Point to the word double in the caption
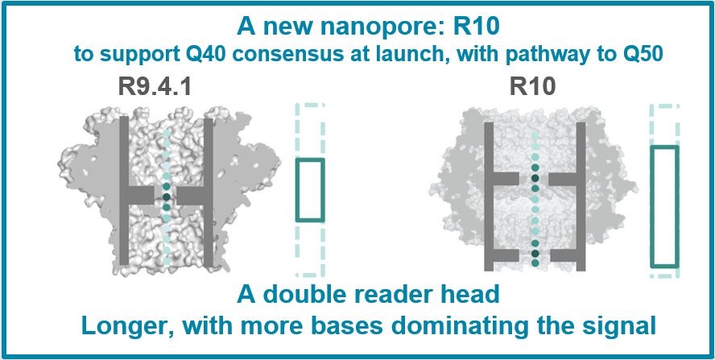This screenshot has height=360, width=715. (x=330, y=296)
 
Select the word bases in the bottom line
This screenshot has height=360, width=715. (x=405, y=327)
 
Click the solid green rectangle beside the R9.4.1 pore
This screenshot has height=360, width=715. (x=309, y=190)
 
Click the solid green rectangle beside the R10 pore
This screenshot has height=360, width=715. (x=664, y=206)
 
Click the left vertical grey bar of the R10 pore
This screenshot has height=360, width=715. (x=488, y=197)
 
